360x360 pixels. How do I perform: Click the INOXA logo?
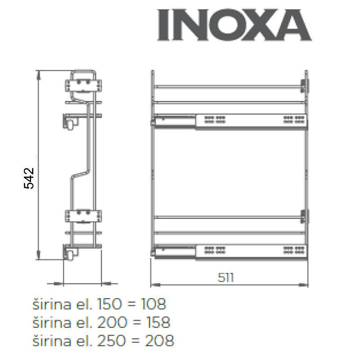point(234,25)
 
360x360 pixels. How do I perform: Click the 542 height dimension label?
point(29,178)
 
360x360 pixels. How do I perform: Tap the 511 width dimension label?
point(226,278)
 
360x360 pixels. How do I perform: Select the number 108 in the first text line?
point(153,304)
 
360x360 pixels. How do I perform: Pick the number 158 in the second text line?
point(158,322)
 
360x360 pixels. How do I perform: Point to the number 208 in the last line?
point(159,340)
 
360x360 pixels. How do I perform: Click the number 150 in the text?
point(109,304)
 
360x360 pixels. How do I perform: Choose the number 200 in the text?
point(112,322)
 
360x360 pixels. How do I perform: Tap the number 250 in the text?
point(111,340)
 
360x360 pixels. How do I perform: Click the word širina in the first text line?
point(52,304)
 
